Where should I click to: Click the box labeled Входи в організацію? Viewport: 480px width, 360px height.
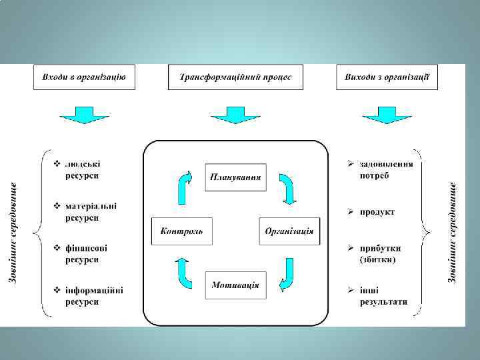tap(84, 77)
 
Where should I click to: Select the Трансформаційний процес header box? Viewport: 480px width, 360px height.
tap(235, 77)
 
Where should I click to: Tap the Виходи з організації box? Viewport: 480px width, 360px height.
tap(387, 77)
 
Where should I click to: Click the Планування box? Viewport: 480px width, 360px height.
tap(235, 177)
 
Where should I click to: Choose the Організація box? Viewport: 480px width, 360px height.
tap(289, 231)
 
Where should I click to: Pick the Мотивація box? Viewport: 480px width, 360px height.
tap(235, 285)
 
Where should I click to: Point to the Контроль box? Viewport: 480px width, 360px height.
tap(181, 231)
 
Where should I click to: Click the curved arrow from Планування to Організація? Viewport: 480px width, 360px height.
tap(288, 188)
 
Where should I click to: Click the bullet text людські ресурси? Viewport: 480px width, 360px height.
tap(83, 169)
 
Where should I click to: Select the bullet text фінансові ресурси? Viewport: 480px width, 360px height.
tap(86, 253)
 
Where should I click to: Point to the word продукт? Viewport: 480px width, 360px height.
tap(377, 212)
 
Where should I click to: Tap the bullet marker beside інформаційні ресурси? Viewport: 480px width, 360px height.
tap(57, 290)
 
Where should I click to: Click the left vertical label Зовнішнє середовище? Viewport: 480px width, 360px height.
tap(13, 231)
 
